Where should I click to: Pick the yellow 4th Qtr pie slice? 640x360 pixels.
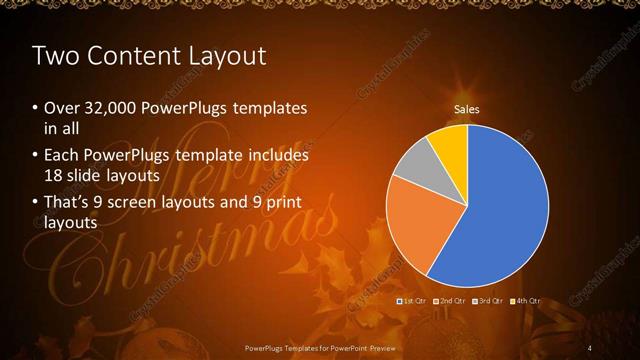tap(452, 144)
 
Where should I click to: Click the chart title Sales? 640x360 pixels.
tap(466, 108)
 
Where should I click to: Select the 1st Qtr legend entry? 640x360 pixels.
tap(413, 301)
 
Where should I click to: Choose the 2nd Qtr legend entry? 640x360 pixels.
tap(451, 301)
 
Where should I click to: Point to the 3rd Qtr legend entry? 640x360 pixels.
tap(489, 301)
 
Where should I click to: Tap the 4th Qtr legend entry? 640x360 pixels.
tap(527, 301)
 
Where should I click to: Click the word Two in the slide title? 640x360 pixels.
tap(54, 55)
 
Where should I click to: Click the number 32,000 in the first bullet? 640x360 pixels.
tap(110, 108)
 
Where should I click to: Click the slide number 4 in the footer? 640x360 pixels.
tap(590, 347)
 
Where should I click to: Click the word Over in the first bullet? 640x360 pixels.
tap(61, 108)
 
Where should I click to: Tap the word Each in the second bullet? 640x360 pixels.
tap(61, 156)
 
